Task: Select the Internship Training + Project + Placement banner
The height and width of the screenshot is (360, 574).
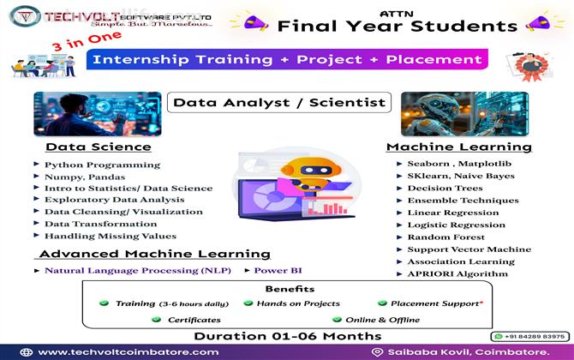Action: tap(287, 60)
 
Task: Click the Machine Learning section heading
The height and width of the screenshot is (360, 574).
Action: tap(458, 147)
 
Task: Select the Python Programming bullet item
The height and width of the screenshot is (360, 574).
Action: tap(94, 164)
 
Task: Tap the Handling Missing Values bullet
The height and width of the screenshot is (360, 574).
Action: tap(110, 236)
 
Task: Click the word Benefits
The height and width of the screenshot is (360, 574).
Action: tap(289, 289)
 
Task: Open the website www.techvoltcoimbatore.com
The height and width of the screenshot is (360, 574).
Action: tap(129, 351)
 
